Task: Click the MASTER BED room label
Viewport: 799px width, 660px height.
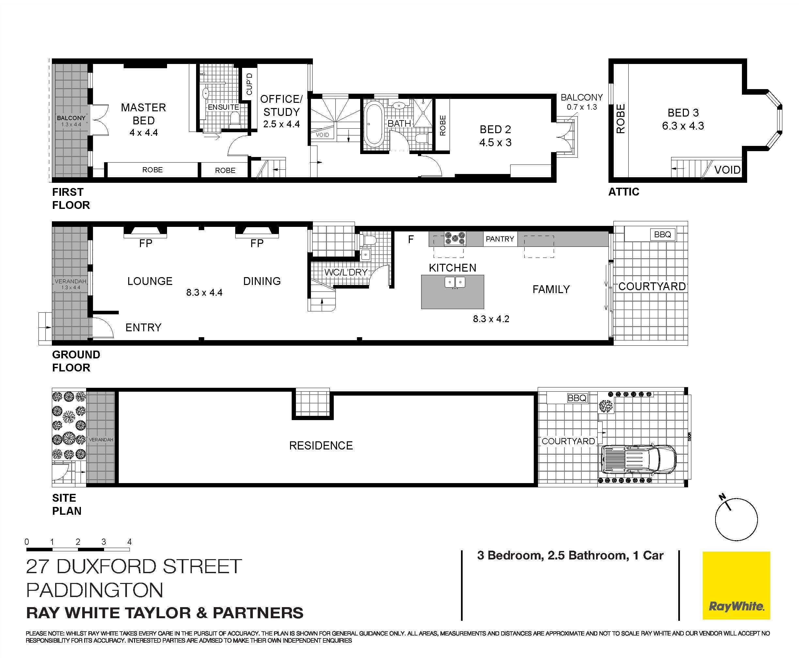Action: coord(143,114)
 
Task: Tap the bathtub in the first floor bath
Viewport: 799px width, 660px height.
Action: coord(374,124)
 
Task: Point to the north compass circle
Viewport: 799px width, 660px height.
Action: coord(736,519)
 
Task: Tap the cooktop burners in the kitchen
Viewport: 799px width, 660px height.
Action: coord(455,238)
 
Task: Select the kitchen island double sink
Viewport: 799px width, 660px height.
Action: coord(455,282)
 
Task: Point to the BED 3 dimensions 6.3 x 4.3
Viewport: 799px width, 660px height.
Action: coord(683,126)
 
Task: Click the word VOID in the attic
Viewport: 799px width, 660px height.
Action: coord(727,170)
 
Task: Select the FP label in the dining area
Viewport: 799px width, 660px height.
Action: coord(257,243)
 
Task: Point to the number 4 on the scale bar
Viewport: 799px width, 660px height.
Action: coord(129,542)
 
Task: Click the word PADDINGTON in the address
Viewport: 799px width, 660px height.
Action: coord(95,590)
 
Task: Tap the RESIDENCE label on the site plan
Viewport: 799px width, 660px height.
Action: coord(321,446)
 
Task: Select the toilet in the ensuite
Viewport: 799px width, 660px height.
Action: coord(235,119)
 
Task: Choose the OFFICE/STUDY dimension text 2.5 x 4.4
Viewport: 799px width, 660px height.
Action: coord(281,124)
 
